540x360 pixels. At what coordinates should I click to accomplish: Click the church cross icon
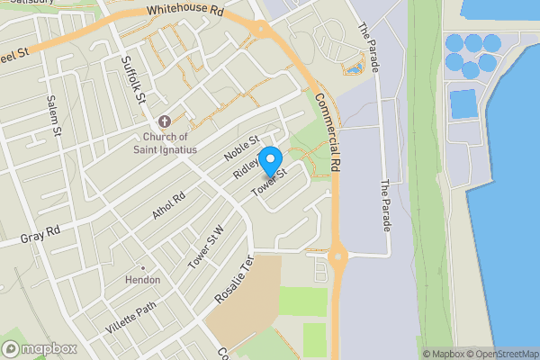[x=164, y=121]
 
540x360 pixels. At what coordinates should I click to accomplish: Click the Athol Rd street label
[x=167, y=206]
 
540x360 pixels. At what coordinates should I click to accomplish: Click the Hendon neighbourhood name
[x=143, y=280]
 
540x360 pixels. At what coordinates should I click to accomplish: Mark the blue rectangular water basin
[x=463, y=104]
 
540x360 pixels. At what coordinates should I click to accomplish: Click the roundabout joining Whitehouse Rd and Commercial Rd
[x=263, y=29]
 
